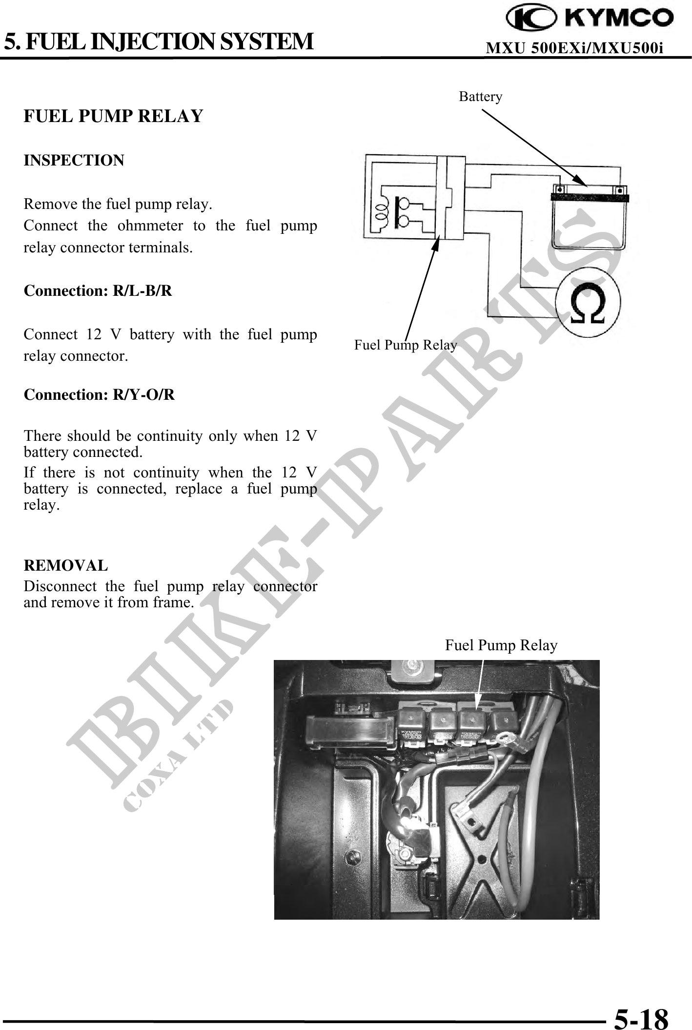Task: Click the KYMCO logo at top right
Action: point(590,20)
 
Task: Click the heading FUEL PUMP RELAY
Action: point(113,116)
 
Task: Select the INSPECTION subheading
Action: point(74,160)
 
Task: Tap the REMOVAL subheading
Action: point(66,565)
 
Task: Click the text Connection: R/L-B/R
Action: point(98,291)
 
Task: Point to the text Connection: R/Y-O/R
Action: point(99,394)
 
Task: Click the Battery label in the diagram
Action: point(480,97)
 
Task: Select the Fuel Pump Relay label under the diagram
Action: point(405,345)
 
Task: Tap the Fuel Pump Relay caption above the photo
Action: point(501,645)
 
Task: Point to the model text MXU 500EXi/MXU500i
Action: point(575,48)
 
